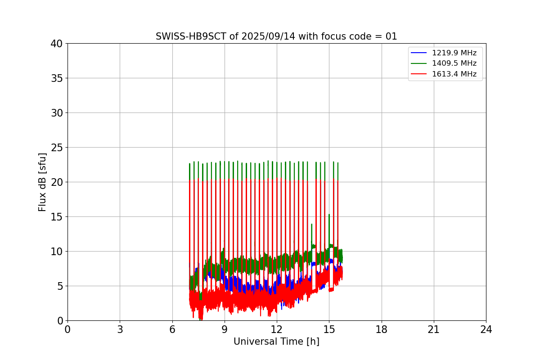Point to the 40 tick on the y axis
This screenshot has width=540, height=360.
pos(57,44)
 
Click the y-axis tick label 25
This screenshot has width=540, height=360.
pos(57,148)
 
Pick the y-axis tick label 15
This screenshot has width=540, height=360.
pos(57,217)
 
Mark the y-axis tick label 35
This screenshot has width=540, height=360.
pos(57,78)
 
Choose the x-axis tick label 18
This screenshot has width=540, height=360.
pos(382,330)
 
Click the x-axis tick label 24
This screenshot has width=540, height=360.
pos(486,330)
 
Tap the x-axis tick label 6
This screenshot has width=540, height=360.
pos(172,330)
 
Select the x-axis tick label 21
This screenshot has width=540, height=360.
pos(434,330)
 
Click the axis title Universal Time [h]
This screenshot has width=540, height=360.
pos(276,342)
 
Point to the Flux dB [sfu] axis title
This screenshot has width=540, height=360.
pos(43,182)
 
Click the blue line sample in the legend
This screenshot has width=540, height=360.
pos(419,53)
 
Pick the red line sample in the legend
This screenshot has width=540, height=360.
pos(419,74)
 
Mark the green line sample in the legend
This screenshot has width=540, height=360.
pos(419,63)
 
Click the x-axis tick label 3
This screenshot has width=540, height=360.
pos(120,330)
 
